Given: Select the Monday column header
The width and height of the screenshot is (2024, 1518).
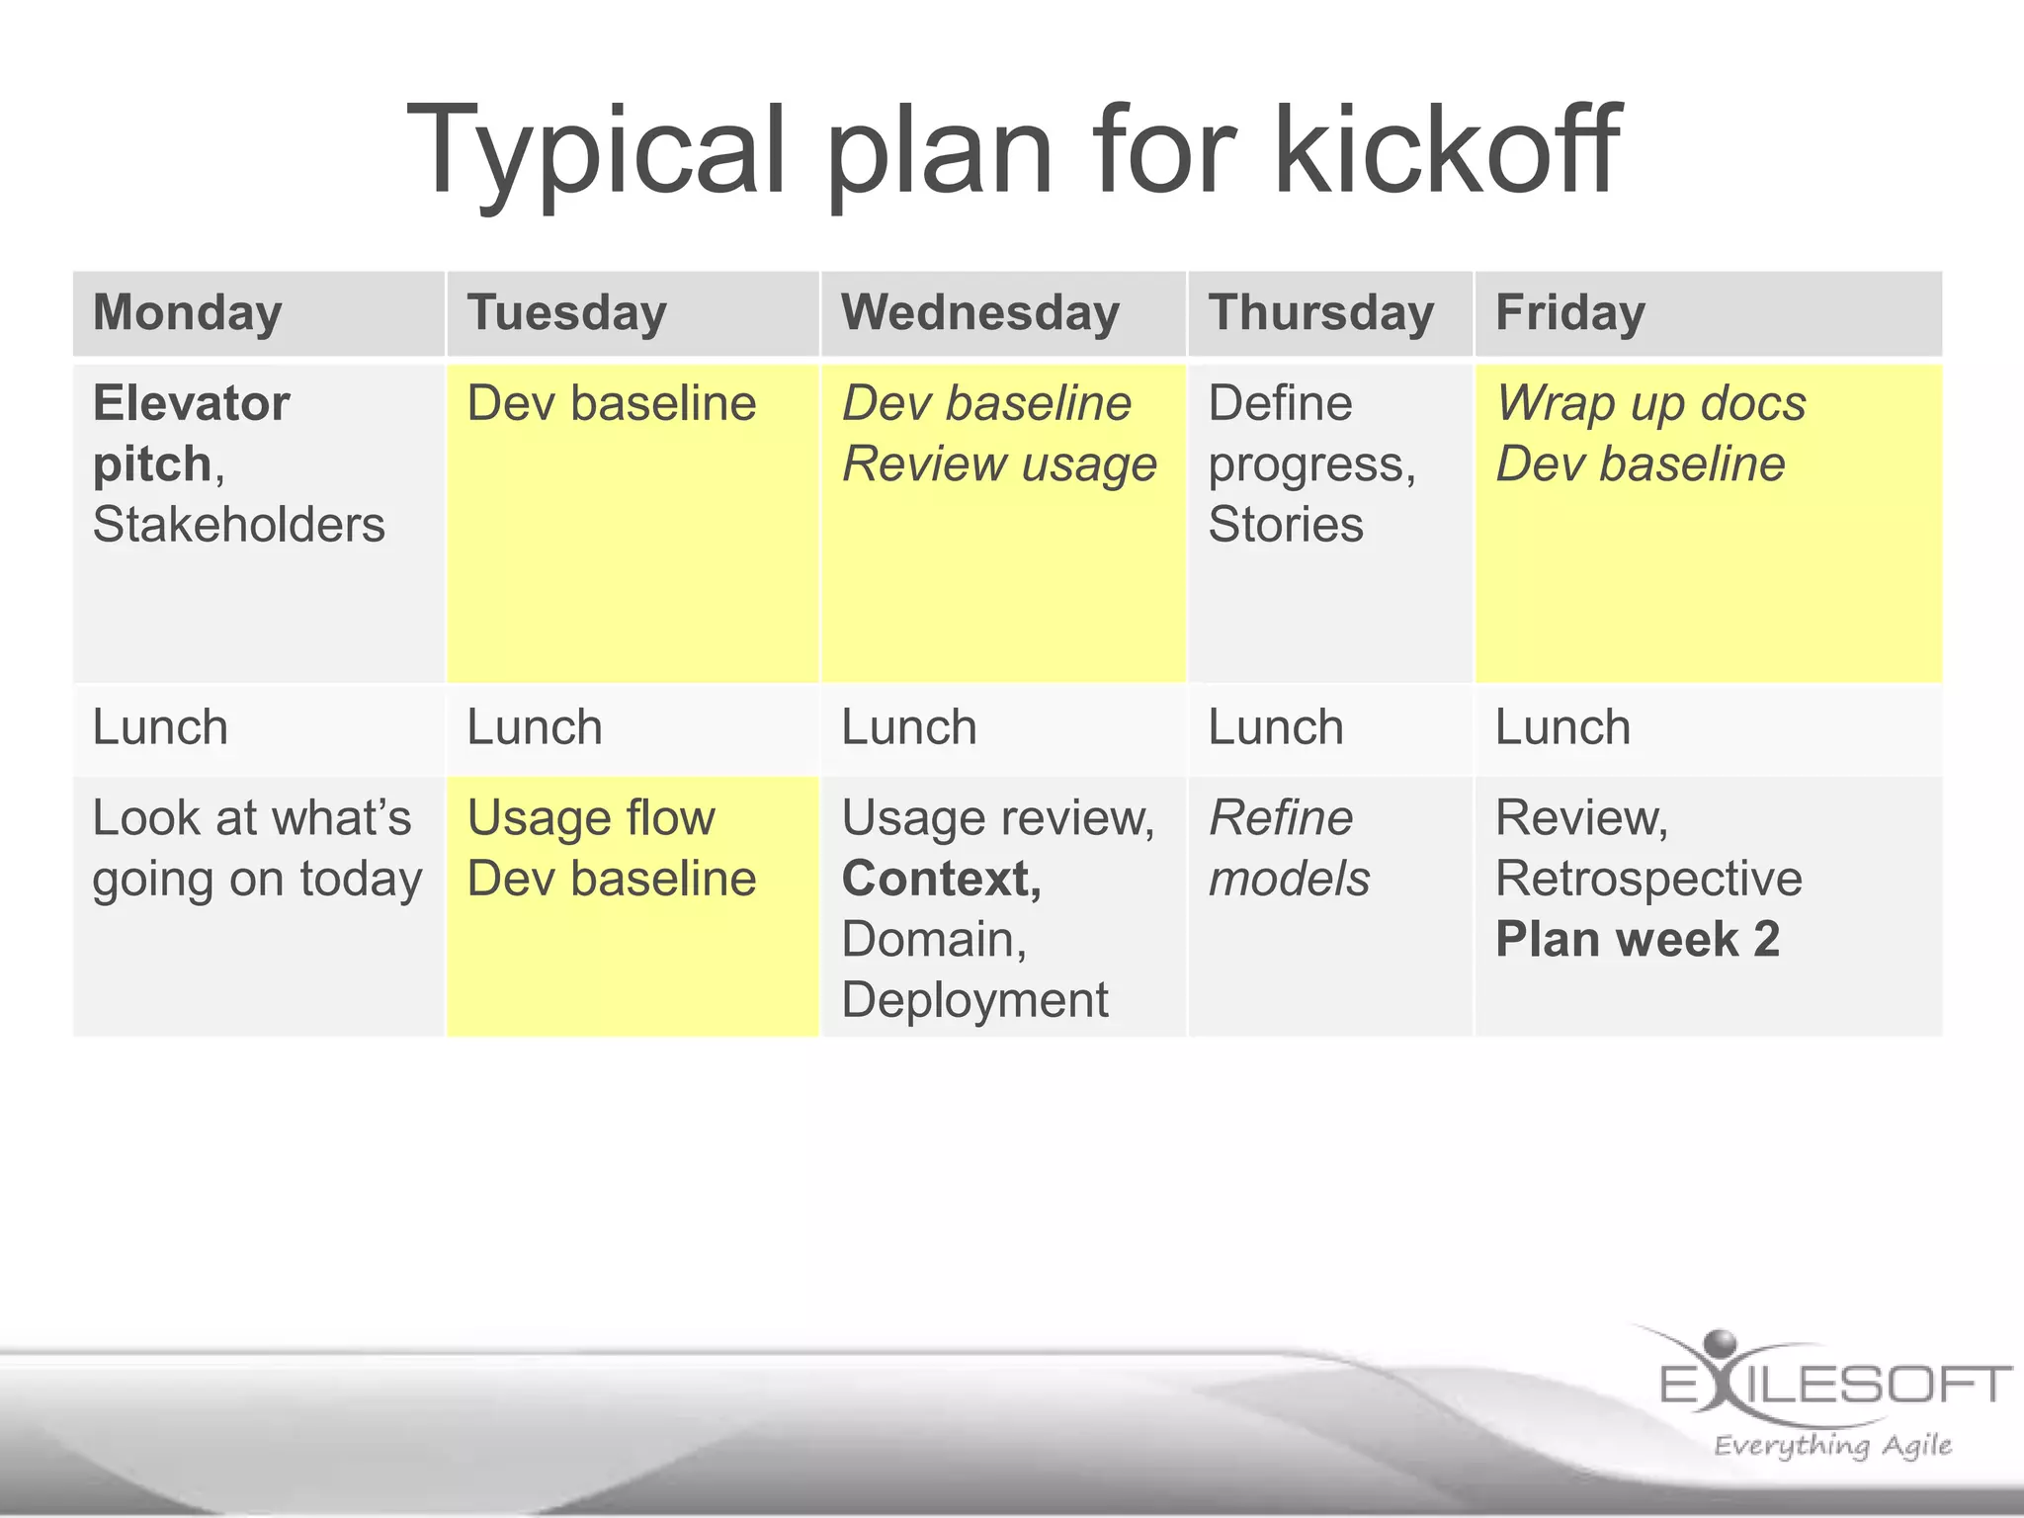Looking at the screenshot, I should click(x=188, y=313).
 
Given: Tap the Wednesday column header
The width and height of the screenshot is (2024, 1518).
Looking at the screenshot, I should click(x=979, y=313).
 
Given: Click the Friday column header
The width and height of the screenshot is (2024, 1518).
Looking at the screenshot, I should click(x=1569, y=313).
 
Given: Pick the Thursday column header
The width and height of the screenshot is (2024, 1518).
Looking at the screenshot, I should click(x=1320, y=313).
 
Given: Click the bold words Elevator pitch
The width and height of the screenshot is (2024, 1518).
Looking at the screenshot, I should click(x=190, y=433).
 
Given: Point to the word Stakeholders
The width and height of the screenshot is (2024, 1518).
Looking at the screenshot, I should click(x=238, y=525).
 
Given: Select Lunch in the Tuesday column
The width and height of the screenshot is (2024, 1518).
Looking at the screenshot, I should click(x=534, y=728).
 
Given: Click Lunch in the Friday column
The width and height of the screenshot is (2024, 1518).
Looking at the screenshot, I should click(x=1561, y=728).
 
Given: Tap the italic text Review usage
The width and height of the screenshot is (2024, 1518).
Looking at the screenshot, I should click(x=998, y=464).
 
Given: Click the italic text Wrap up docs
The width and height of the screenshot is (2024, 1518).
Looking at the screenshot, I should click(x=1649, y=404).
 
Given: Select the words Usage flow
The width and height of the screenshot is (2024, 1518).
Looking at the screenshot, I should click(x=590, y=818).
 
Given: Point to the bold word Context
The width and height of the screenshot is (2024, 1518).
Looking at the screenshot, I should click(x=940, y=880).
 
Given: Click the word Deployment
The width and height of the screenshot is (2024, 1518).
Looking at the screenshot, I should click(x=974, y=1000).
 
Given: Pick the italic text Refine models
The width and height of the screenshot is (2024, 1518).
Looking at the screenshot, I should click(x=1288, y=848).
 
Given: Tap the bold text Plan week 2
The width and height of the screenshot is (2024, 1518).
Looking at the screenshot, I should click(x=1637, y=940).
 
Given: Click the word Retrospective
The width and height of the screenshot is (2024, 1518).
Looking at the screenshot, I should click(x=1647, y=880).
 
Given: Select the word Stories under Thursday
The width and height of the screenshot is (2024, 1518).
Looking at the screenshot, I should click(x=1285, y=525).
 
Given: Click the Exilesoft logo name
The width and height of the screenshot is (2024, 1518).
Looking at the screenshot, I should click(x=1835, y=1385).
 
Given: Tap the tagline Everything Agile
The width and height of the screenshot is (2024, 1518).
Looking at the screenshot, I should click(x=1832, y=1446).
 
